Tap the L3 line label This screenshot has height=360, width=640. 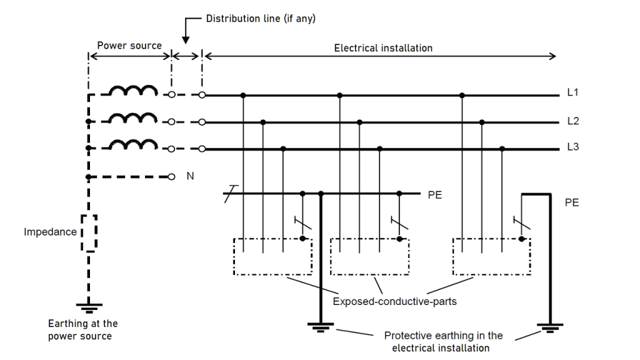(572, 147)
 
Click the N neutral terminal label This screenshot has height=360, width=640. (190, 176)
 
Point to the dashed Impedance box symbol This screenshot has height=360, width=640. (89, 232)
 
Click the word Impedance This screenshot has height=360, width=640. (50, 232)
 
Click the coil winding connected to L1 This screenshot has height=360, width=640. (133, 91)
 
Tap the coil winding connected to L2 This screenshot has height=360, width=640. (133, 118)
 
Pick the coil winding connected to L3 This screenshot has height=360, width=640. (133, 145)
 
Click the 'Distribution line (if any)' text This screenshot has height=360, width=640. (261, 19)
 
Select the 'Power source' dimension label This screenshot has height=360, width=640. (129, 46)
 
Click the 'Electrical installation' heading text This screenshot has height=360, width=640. (383, 47)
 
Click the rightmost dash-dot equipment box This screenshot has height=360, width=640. (491, 256)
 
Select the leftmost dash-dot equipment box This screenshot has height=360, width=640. (272, 256)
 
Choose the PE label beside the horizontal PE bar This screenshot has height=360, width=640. (435, 195)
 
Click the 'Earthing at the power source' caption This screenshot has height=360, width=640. (82, 329)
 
